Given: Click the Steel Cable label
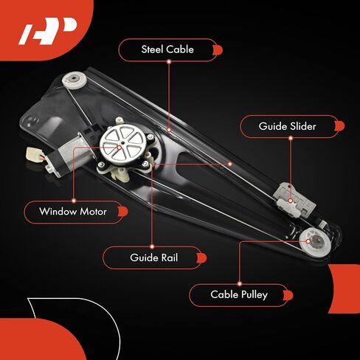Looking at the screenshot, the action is [167, 50].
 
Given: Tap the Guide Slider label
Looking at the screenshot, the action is [288, 126].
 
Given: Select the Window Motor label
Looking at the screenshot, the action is [73, 212].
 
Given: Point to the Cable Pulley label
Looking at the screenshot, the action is [238, 295].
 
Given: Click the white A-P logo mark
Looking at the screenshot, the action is [48, 31].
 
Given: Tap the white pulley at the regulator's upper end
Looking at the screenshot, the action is [74, 80].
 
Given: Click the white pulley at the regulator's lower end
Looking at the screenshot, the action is [316, 243].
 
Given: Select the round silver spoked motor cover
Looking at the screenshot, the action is [123, 144].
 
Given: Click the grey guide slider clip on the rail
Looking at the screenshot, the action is [294, 202].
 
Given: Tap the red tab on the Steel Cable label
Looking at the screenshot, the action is [218, 50].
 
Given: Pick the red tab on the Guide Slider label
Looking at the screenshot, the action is [339, 126].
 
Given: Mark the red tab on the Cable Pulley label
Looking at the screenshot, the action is [288, 295].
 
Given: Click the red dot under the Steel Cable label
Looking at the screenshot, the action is [169, 62].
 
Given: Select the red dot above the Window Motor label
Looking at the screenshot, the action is [74, 201].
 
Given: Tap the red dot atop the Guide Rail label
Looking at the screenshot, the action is [152, 246].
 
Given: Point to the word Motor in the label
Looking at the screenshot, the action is [93, 212].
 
